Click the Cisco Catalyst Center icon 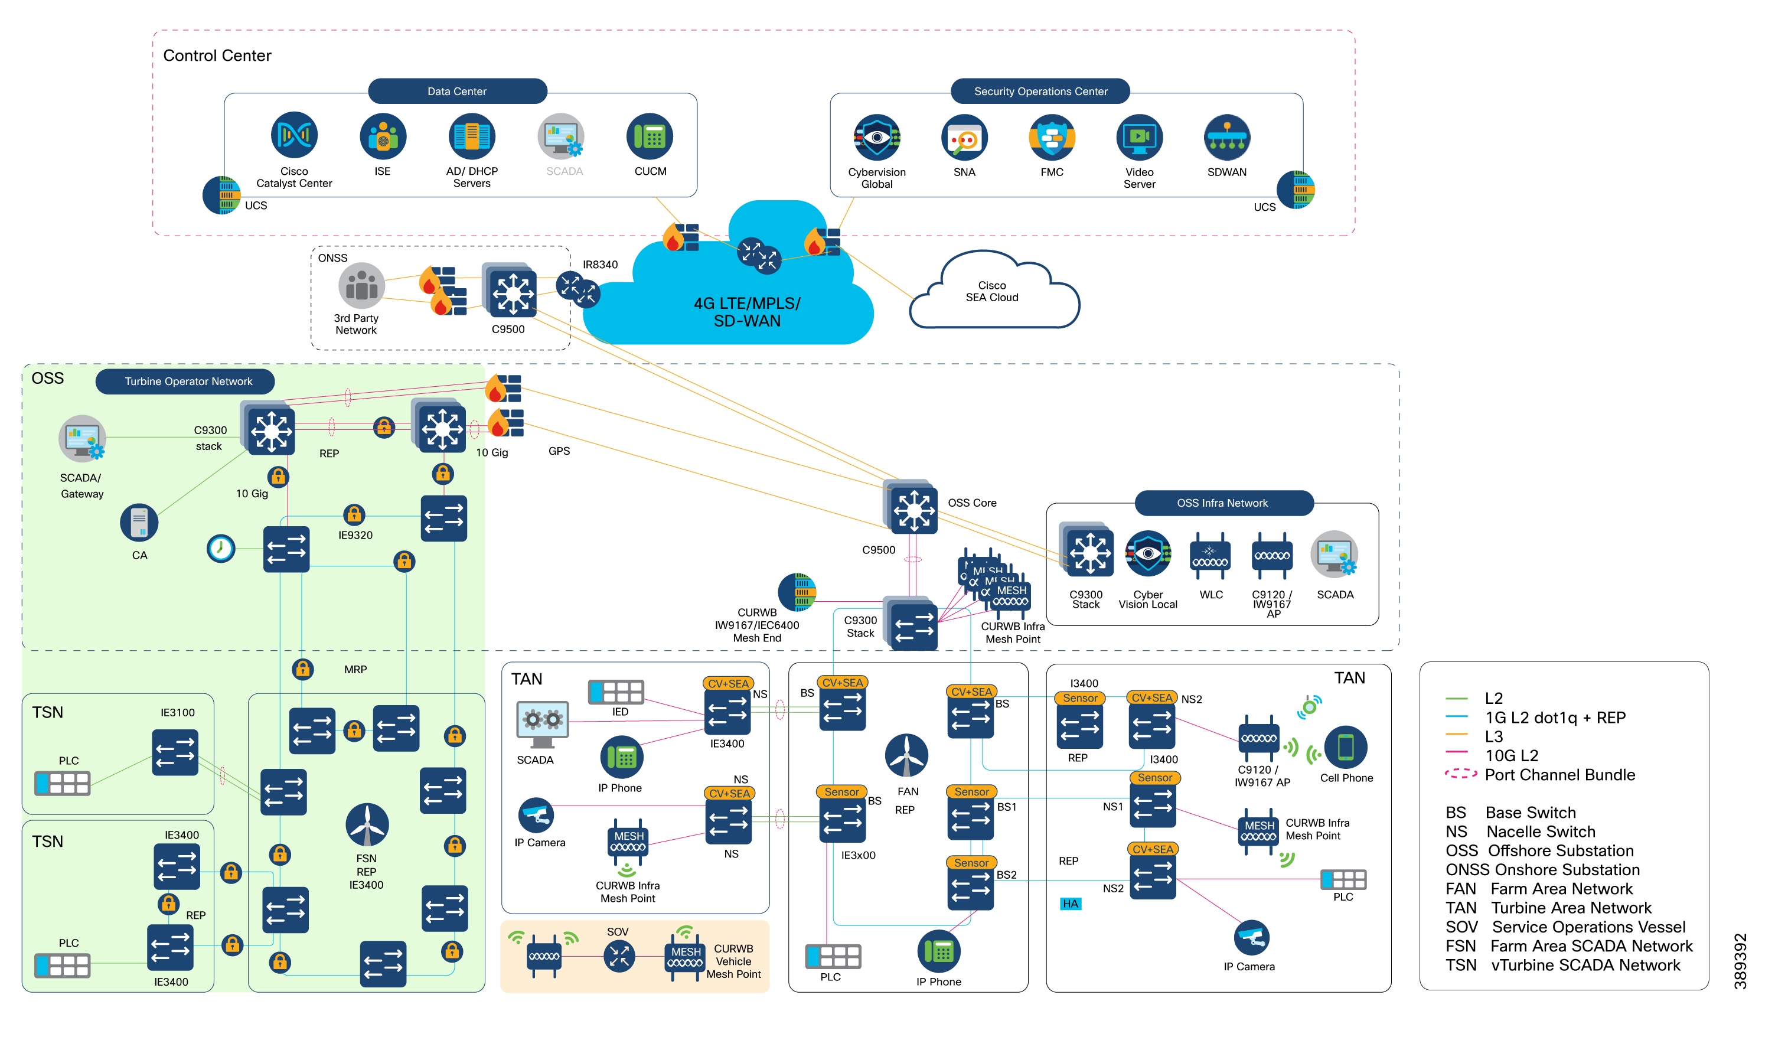293,135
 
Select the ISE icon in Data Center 382,136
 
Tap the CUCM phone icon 649,136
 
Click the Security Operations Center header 1039,92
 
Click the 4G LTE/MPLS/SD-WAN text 746,312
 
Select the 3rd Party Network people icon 361,286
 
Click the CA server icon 139,523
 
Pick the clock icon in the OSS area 220,549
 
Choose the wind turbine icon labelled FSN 367,825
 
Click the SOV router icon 619,957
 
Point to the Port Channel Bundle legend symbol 1460,775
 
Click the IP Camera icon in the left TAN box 536,815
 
